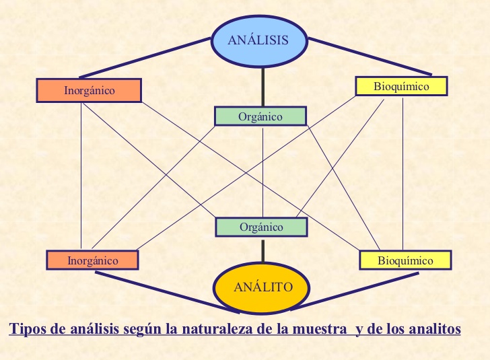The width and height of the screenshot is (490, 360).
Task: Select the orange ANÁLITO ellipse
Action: pos(262,287)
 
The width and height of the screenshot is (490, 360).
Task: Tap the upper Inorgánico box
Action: pos(89,90)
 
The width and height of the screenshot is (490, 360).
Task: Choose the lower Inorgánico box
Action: pos(92,260)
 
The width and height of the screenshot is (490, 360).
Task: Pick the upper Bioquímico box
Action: pos(401,86)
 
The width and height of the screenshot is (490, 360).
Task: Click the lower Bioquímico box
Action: pos(405,260)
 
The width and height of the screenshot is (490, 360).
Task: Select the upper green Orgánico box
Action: pos(260,116)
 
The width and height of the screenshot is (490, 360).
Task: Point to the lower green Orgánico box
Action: pos(261,227)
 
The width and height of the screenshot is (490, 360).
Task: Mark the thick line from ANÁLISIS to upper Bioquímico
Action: pos(370,56)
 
